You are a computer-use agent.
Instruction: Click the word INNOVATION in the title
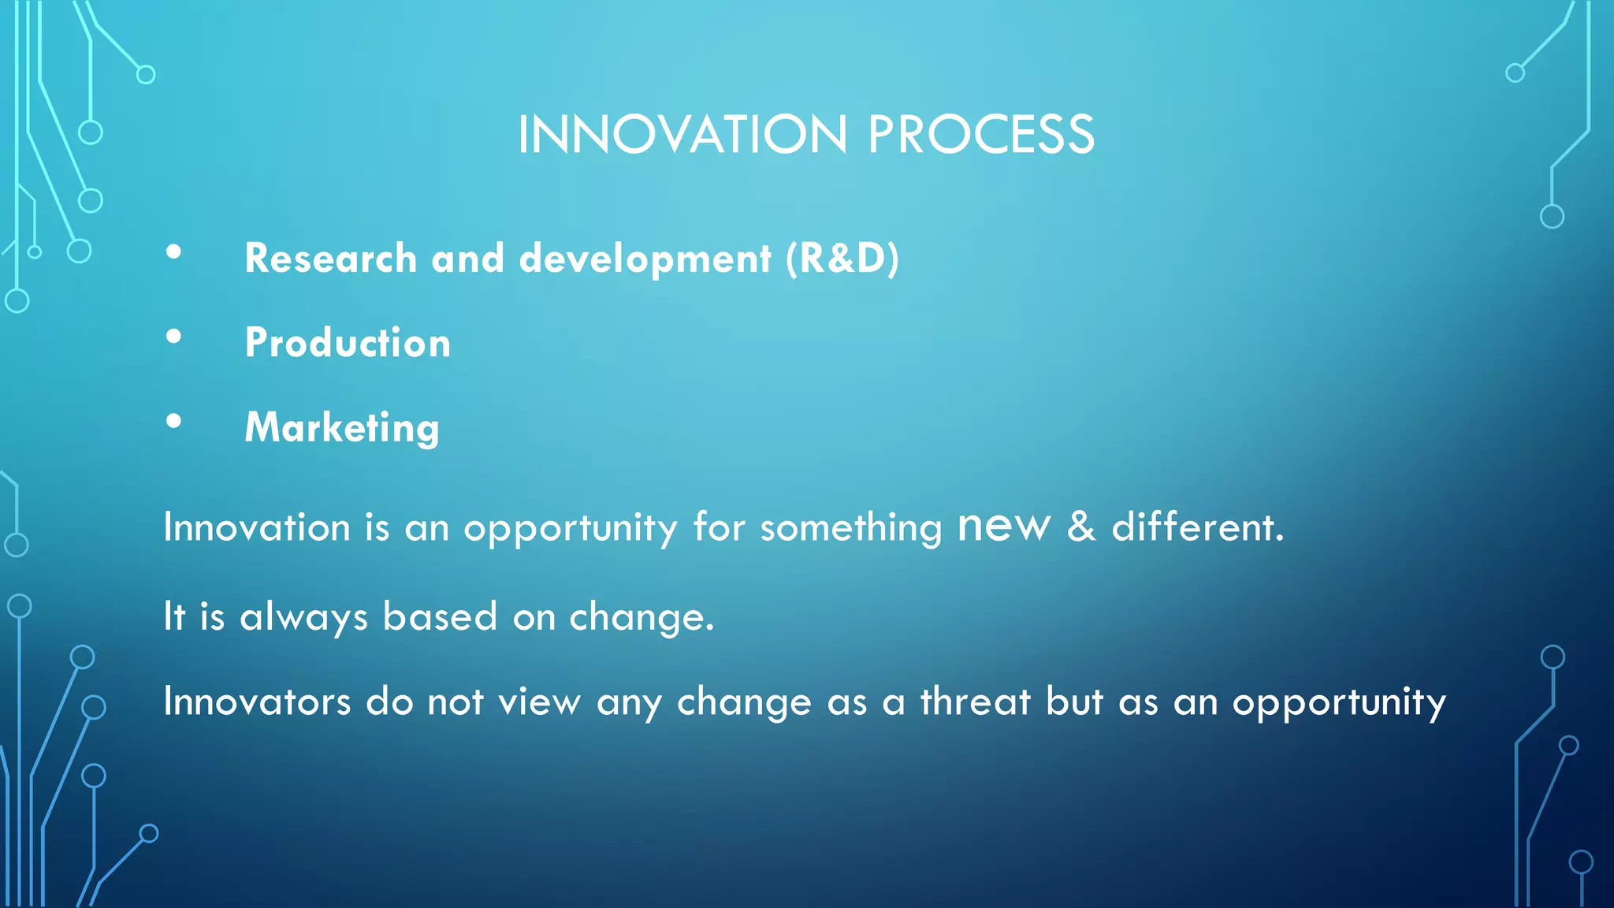(682, 135)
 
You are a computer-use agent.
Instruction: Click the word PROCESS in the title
(981, 135)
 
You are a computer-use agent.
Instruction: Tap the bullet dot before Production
(174, 337)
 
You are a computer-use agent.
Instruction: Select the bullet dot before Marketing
(174, 422)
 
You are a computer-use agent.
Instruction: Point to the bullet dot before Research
(174, 253)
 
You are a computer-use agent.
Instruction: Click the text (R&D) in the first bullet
(842, 259)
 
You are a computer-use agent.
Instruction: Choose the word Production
(348, 343)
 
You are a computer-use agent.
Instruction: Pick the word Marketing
(342, 428)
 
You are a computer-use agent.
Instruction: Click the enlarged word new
(1004, 526)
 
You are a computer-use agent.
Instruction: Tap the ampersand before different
(1081, 527)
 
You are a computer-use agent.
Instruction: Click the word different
(1197, 527)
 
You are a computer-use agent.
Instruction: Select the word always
(304, 617)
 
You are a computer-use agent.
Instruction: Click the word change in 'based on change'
(641, 617)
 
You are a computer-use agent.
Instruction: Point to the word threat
(976, 701)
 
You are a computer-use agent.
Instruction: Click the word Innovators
(257, 701)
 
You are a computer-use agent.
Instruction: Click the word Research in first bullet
(330, 259)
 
